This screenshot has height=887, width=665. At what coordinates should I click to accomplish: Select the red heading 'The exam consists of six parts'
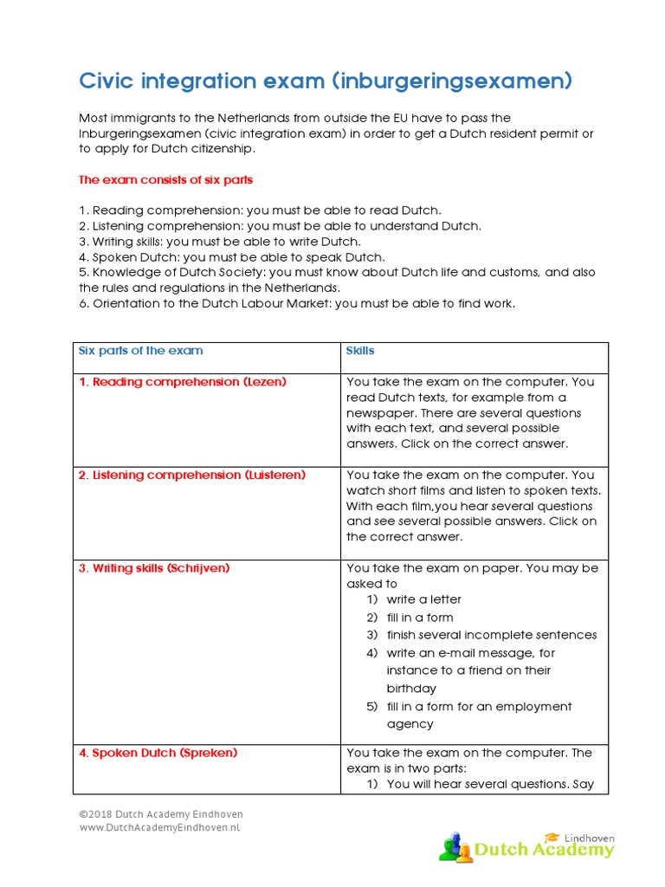pos(165,180)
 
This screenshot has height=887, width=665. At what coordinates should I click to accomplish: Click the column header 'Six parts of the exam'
pos(141,351)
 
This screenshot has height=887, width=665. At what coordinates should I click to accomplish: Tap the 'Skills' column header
pos(360,351)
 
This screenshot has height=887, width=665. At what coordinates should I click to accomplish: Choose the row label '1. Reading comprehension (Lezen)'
pos(183,382)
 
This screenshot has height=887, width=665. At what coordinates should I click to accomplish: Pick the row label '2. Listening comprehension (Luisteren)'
pos(192,476)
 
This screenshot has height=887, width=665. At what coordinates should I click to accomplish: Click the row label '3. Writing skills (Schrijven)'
pos(154,569)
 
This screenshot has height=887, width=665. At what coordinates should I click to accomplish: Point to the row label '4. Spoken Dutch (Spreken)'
pos(158,753)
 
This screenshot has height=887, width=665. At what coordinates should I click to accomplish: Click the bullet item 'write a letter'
pos(423,599)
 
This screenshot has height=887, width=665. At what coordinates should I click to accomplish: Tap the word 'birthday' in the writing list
pos(411,689)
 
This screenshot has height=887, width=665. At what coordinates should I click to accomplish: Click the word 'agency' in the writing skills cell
pos(410,724)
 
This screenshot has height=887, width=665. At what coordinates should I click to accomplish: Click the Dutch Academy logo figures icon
pos(455,846)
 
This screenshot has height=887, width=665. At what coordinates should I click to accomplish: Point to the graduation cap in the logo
pos(552,837)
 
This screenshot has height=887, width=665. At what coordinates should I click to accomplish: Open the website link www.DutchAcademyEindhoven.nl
pos(159,828)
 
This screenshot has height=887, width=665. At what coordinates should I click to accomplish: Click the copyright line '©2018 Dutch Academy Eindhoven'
pos(161,815)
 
